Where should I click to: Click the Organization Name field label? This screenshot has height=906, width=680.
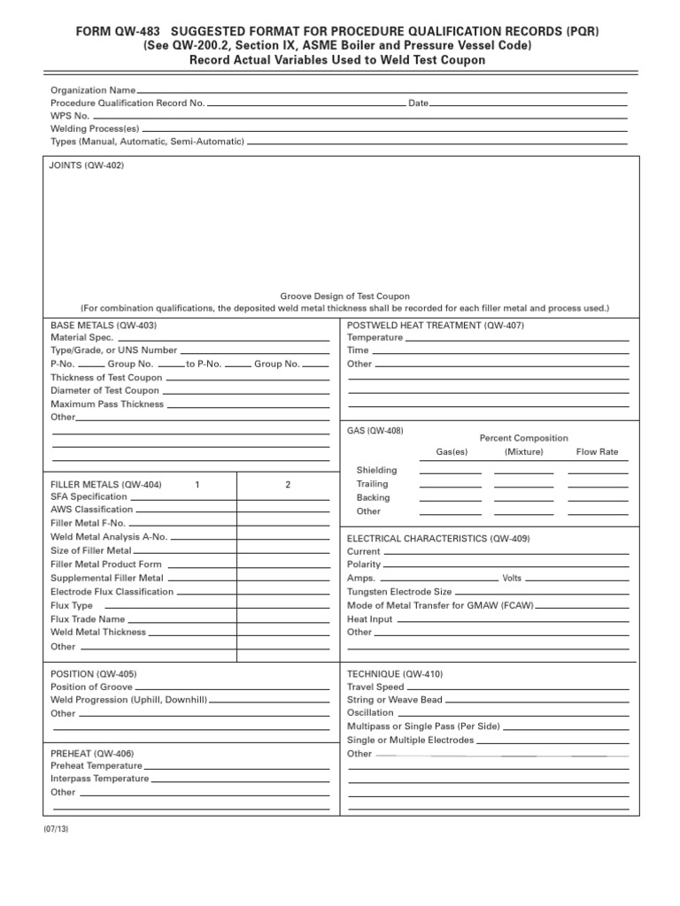93,90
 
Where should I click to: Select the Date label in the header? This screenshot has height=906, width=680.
418,104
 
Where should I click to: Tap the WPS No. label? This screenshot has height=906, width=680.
70,116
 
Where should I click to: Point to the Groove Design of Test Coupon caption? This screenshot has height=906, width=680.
345,296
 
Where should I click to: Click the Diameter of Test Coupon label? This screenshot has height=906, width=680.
105,390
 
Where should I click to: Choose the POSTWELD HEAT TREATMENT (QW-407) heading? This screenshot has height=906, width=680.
436,325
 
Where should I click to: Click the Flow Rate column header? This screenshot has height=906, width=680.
598,452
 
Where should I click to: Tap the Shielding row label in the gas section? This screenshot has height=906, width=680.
376,470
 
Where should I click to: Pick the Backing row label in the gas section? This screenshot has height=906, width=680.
373,497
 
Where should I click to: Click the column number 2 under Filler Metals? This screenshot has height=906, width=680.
288,485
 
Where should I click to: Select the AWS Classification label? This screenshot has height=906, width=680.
92,510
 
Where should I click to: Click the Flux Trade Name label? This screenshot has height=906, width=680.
88,619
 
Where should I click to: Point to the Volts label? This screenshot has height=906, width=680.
512,578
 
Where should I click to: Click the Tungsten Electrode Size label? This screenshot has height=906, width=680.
399,591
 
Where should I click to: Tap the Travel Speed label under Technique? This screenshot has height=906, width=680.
375,687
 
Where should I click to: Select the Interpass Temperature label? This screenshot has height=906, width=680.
100,779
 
